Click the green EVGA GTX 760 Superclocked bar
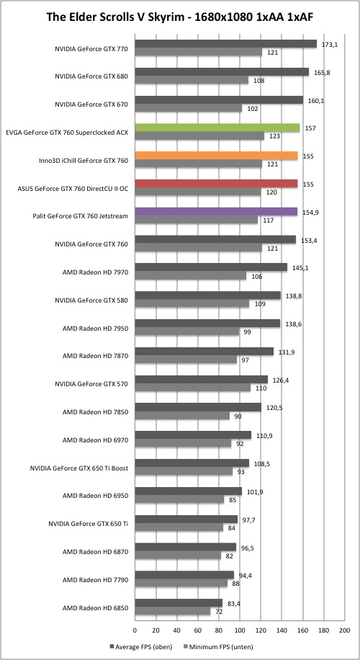coord(217,128)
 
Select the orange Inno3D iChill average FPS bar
coord(216,156)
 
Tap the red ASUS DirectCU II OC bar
coord(216,184)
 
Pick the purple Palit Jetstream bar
coord(216,212)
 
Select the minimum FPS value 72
coord(219,612)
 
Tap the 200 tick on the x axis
coord(344,630)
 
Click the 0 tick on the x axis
coord(135,630)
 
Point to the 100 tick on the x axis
coord(240,630)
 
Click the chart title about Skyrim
coord(179,17)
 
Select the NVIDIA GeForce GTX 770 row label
coord(91,48)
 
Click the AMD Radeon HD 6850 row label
coord(95,608)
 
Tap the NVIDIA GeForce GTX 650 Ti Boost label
coord(79,468)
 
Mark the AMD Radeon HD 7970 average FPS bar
coord(211,267)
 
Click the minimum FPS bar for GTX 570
coord(193,387)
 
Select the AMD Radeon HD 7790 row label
coord(95,580)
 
